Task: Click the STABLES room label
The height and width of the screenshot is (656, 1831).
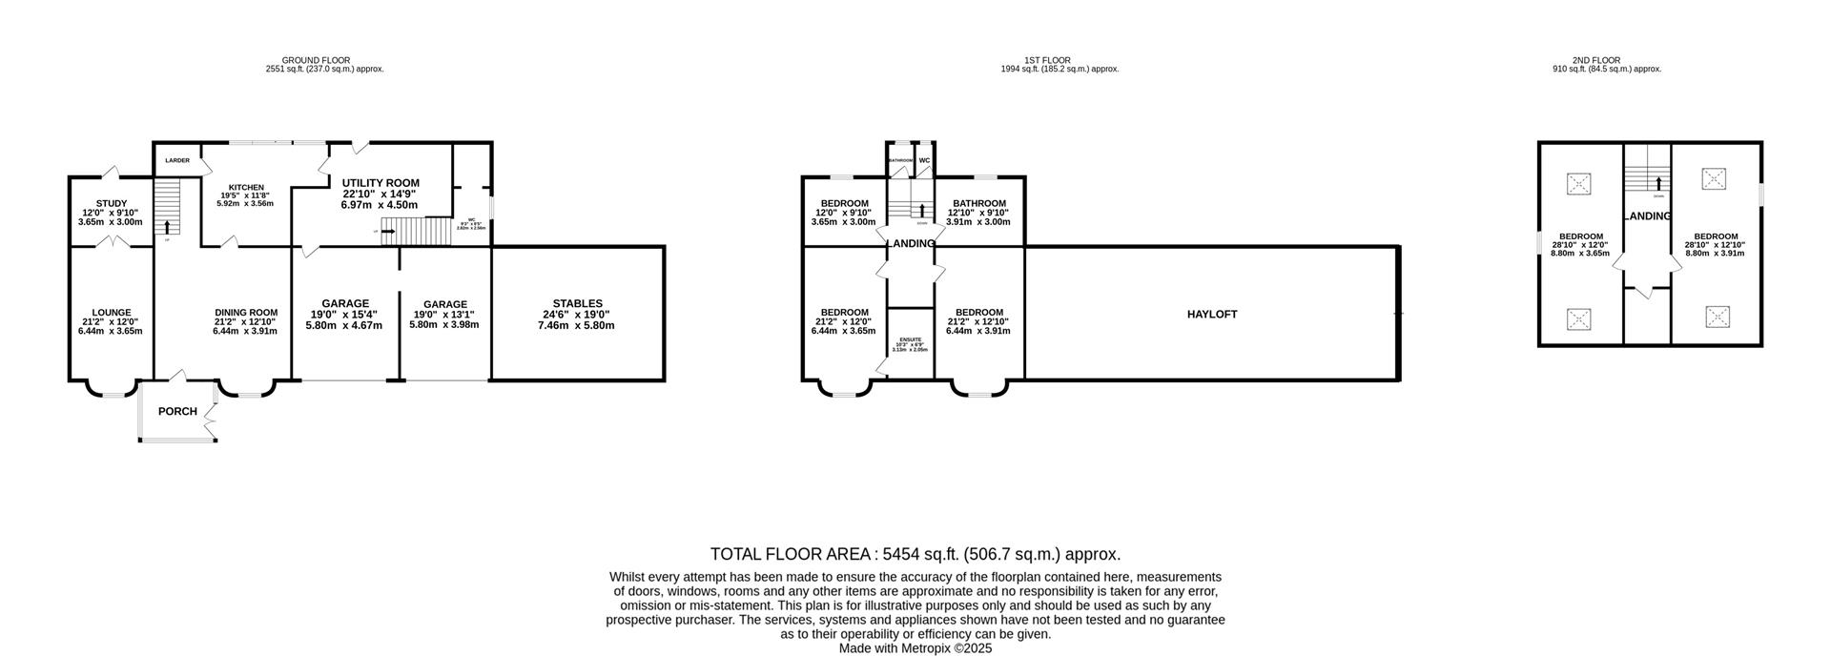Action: tap(578, 304)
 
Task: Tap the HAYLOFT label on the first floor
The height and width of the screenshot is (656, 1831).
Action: tap(1211, 314)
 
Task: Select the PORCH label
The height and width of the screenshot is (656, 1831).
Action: tap(177, 412)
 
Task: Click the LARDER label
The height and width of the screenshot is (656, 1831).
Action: tap(177, 160)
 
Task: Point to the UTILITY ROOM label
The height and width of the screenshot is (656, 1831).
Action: tap(381, 183)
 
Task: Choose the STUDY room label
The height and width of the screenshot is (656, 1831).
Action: tap(111, 202)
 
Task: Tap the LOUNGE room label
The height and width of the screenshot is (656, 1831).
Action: tap(111, 313)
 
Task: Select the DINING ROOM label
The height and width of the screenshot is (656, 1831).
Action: tap(245, 313)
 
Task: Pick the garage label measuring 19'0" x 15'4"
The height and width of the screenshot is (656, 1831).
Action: tap(344, 304)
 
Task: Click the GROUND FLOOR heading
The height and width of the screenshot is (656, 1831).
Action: tap(316, 60)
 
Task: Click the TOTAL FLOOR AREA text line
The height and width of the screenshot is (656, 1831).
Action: tap(915, 554)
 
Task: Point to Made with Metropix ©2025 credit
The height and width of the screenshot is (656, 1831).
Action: tap(915, 648)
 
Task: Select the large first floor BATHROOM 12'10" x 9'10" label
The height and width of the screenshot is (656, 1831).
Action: tap(979, 203)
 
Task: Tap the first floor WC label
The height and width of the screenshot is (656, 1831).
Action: tap(924, 160)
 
